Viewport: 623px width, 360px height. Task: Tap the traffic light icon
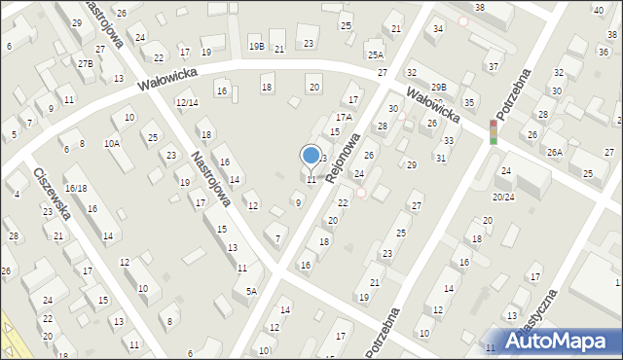click(493, 132)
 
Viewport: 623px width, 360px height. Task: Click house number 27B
click(86, 64)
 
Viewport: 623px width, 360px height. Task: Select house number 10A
click(113, 143)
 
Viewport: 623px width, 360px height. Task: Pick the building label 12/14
click(187, 103)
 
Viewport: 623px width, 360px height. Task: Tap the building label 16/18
click(76, 189)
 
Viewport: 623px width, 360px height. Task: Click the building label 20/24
click(503, 198)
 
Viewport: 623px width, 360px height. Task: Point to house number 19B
click(256, 46)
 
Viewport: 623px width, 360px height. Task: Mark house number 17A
click(344, 117)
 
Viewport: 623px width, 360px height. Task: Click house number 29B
click(440, 88)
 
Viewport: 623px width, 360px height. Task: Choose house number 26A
click(555, 152)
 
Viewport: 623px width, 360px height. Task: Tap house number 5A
click(251, 291)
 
